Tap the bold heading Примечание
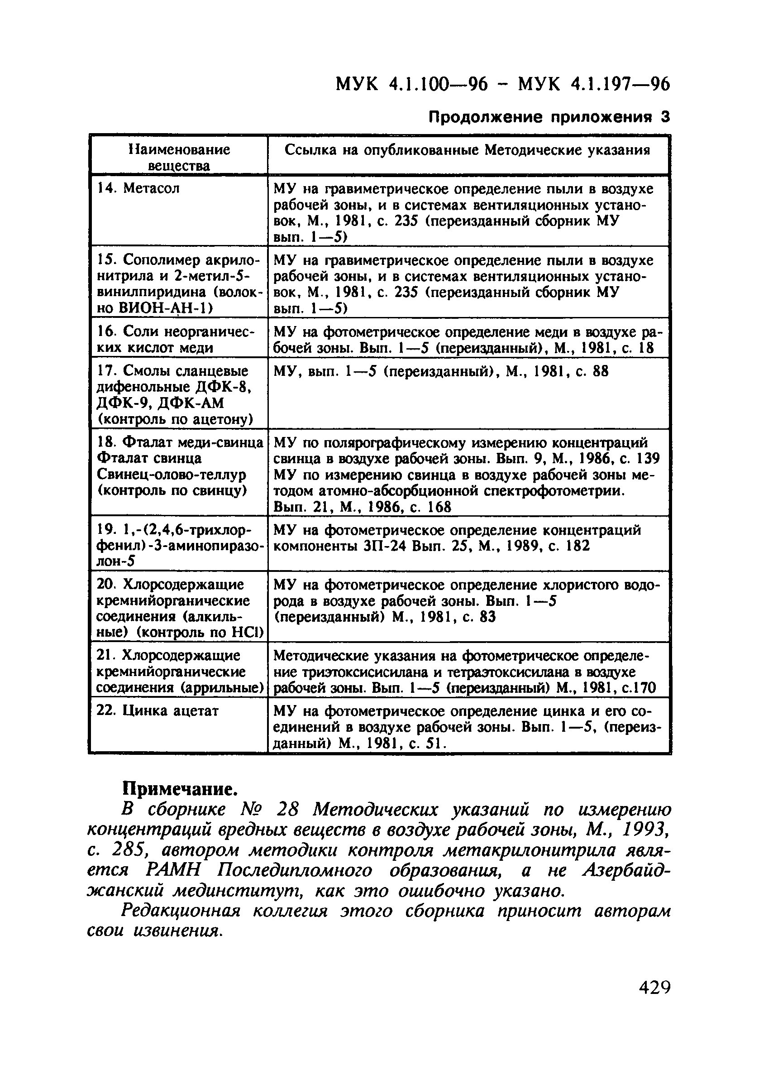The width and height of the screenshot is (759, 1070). click(x=180, y=789)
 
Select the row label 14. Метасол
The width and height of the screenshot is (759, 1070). click(x=138, y=188)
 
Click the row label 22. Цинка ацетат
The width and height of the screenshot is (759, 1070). click(x=157, y=710)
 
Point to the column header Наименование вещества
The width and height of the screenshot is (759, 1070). click(x=179, y=158)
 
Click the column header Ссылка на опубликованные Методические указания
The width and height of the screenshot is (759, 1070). click(x=468, y=150)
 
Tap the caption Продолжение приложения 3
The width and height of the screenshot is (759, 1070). click(x=549, y=117)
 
